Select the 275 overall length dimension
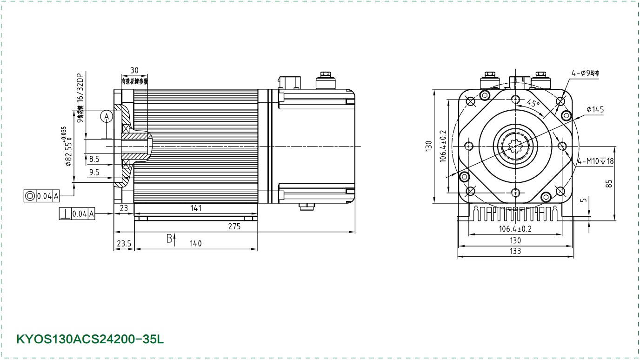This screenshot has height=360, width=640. coord(234,227)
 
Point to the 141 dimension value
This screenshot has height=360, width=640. coord(196,208)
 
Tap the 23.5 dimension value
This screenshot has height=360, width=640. coord(123,243)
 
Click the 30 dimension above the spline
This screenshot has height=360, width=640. coord(134,70)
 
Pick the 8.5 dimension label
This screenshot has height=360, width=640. coord(94,159)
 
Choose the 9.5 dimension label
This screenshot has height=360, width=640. coord(94,173)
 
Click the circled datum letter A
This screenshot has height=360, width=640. coord(107,116)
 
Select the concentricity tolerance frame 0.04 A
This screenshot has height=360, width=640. coord(42,196)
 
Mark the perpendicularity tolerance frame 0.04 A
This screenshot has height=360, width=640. coord(77,214)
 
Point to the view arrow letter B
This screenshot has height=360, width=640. coord(169,239)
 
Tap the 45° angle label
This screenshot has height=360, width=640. coord(533,103)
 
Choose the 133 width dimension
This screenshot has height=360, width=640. coord(515,251)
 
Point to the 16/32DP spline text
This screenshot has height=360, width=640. coord(80,88)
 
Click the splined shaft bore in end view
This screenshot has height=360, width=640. coord(515,146)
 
